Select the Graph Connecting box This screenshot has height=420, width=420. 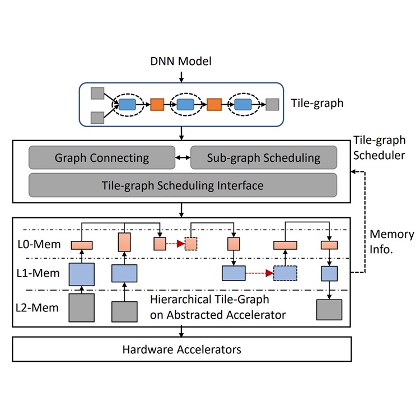101,157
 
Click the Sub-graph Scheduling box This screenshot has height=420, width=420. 263,157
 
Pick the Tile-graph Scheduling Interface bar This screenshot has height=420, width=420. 183,184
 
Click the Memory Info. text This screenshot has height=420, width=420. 391,242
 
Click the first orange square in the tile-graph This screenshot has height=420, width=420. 157,104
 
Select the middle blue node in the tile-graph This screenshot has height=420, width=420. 185,104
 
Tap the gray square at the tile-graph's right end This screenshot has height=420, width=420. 272,104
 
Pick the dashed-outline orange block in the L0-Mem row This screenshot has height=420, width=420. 192,244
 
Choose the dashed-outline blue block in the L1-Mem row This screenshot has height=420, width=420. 285,273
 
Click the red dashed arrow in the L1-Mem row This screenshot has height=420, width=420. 259,273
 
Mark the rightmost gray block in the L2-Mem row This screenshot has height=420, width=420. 329,309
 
